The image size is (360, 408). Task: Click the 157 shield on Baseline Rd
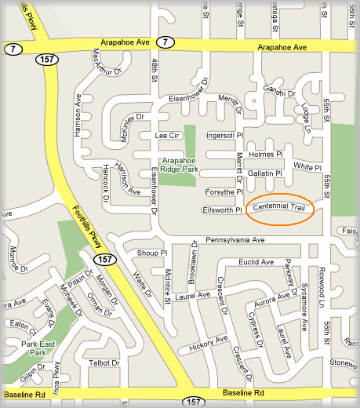click(196, 401)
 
